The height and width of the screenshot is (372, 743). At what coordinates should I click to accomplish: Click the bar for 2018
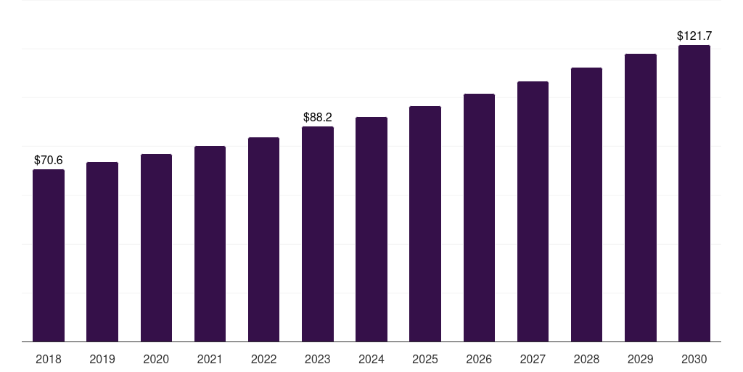(49, 256)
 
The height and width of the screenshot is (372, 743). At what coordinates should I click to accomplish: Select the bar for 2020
(156, 248)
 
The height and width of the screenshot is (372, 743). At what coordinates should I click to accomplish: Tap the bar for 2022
(263, 240)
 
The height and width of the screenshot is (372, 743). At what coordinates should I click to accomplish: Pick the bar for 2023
(318, 234)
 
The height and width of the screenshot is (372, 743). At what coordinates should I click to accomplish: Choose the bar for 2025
(425, 224)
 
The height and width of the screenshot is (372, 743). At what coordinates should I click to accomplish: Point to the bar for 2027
(533, 211)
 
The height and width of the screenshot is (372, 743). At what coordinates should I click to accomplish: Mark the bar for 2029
(641, 198)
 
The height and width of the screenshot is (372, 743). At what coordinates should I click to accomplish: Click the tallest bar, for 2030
(694, 193)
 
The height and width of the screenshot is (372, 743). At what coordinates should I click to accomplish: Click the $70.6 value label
(49, 160)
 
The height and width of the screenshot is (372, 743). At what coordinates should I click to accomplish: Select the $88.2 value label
(318, 117)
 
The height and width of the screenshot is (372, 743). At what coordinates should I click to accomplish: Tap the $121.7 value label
(694, 36)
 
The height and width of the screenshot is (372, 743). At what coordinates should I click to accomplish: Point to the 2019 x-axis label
(102, 359)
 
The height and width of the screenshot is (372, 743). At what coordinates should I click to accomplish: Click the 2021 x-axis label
(210, 359)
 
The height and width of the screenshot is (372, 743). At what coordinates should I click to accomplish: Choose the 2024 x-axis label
(371, 359)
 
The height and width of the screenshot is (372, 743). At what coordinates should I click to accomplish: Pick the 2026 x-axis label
(479, 359)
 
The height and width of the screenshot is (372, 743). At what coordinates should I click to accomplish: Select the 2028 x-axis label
(586, 359)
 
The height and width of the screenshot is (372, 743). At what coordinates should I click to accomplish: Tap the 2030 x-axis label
(694, 359)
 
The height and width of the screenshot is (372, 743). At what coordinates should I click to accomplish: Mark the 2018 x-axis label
(49, 359)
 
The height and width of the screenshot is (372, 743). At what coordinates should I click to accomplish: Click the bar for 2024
(371, 230)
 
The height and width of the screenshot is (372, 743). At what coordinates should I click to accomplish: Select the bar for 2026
(479, 218)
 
